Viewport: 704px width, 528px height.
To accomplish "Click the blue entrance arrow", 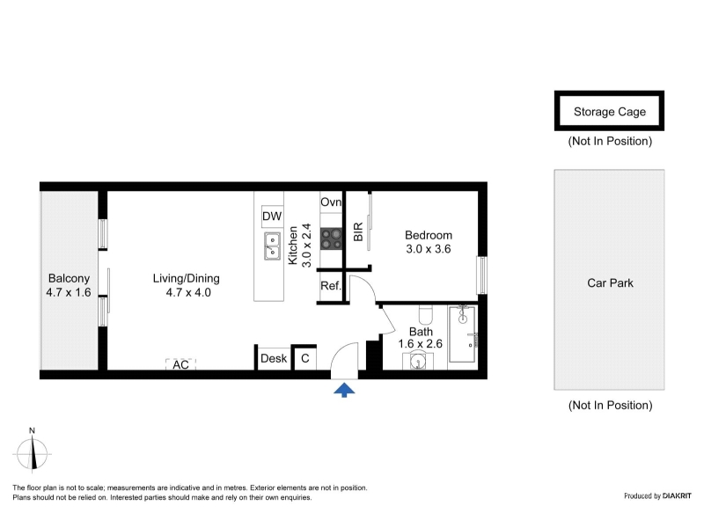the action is [x=344, y=390].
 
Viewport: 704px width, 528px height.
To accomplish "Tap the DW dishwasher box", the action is [x=272, y=216].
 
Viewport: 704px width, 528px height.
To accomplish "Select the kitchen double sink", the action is [x=272, y=246].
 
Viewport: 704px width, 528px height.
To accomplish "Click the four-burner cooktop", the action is [x=332, y=238].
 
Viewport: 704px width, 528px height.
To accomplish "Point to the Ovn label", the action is [x=331, y=202].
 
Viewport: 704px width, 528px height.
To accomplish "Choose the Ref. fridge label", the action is [x=331, y=285].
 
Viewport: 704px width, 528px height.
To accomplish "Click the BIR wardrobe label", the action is [x=358, y=231].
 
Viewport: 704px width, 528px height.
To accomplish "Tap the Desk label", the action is [x=274, y=358].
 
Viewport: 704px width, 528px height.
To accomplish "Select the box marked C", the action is [x=304, y=358].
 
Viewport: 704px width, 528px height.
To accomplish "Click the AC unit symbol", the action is [x=181, y=364].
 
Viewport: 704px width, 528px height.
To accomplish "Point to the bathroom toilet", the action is [x=426, y=314].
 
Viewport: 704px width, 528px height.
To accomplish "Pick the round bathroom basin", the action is [x=418, y=362].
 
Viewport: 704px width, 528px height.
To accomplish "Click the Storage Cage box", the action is [x=609, y=111].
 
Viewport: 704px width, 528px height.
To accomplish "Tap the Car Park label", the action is [x=610, y=282].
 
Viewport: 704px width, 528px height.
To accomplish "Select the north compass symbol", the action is [x=32, y=451].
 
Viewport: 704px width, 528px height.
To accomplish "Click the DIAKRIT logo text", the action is [x=677, y=495].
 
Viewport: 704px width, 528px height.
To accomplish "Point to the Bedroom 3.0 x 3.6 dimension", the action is [x=429, y=249].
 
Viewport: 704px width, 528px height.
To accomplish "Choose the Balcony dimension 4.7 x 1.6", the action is [x=69, y=292].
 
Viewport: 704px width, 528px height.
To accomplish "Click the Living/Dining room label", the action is [x=187, y=278].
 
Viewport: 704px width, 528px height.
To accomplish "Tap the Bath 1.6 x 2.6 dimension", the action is [x=421, y=343].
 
